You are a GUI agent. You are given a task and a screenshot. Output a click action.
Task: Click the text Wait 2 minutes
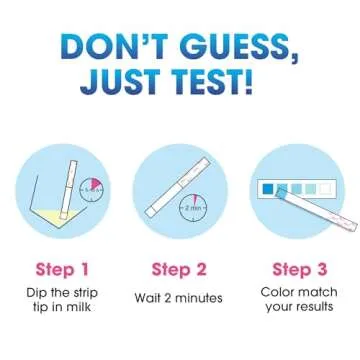180,298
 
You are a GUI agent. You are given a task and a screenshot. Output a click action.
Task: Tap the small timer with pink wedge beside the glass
92,186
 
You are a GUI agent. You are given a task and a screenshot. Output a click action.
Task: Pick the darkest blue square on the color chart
268,187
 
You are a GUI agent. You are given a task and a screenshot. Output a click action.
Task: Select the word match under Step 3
309,291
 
